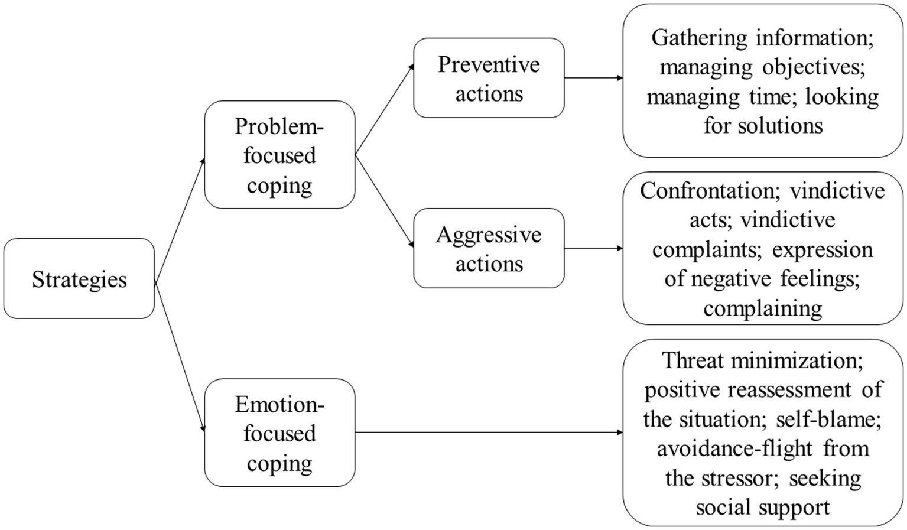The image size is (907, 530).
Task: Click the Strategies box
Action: [x=79, y=279]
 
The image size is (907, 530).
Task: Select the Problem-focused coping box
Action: [x=279, y=155]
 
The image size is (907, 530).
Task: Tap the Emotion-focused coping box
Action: [x=279, y=433]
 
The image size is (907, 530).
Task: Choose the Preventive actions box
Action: [x=489, y=79]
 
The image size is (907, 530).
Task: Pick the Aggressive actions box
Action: [x=489, y=249]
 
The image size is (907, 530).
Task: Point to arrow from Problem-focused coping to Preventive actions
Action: [x=385, y=110]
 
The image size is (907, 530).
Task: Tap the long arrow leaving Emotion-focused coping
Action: [x=489, y=433]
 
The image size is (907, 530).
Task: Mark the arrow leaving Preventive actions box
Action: [x=593, y=78]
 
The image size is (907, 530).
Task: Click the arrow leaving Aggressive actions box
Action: [x=593, y=248]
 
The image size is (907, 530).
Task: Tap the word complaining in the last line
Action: [x=762, y=308]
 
